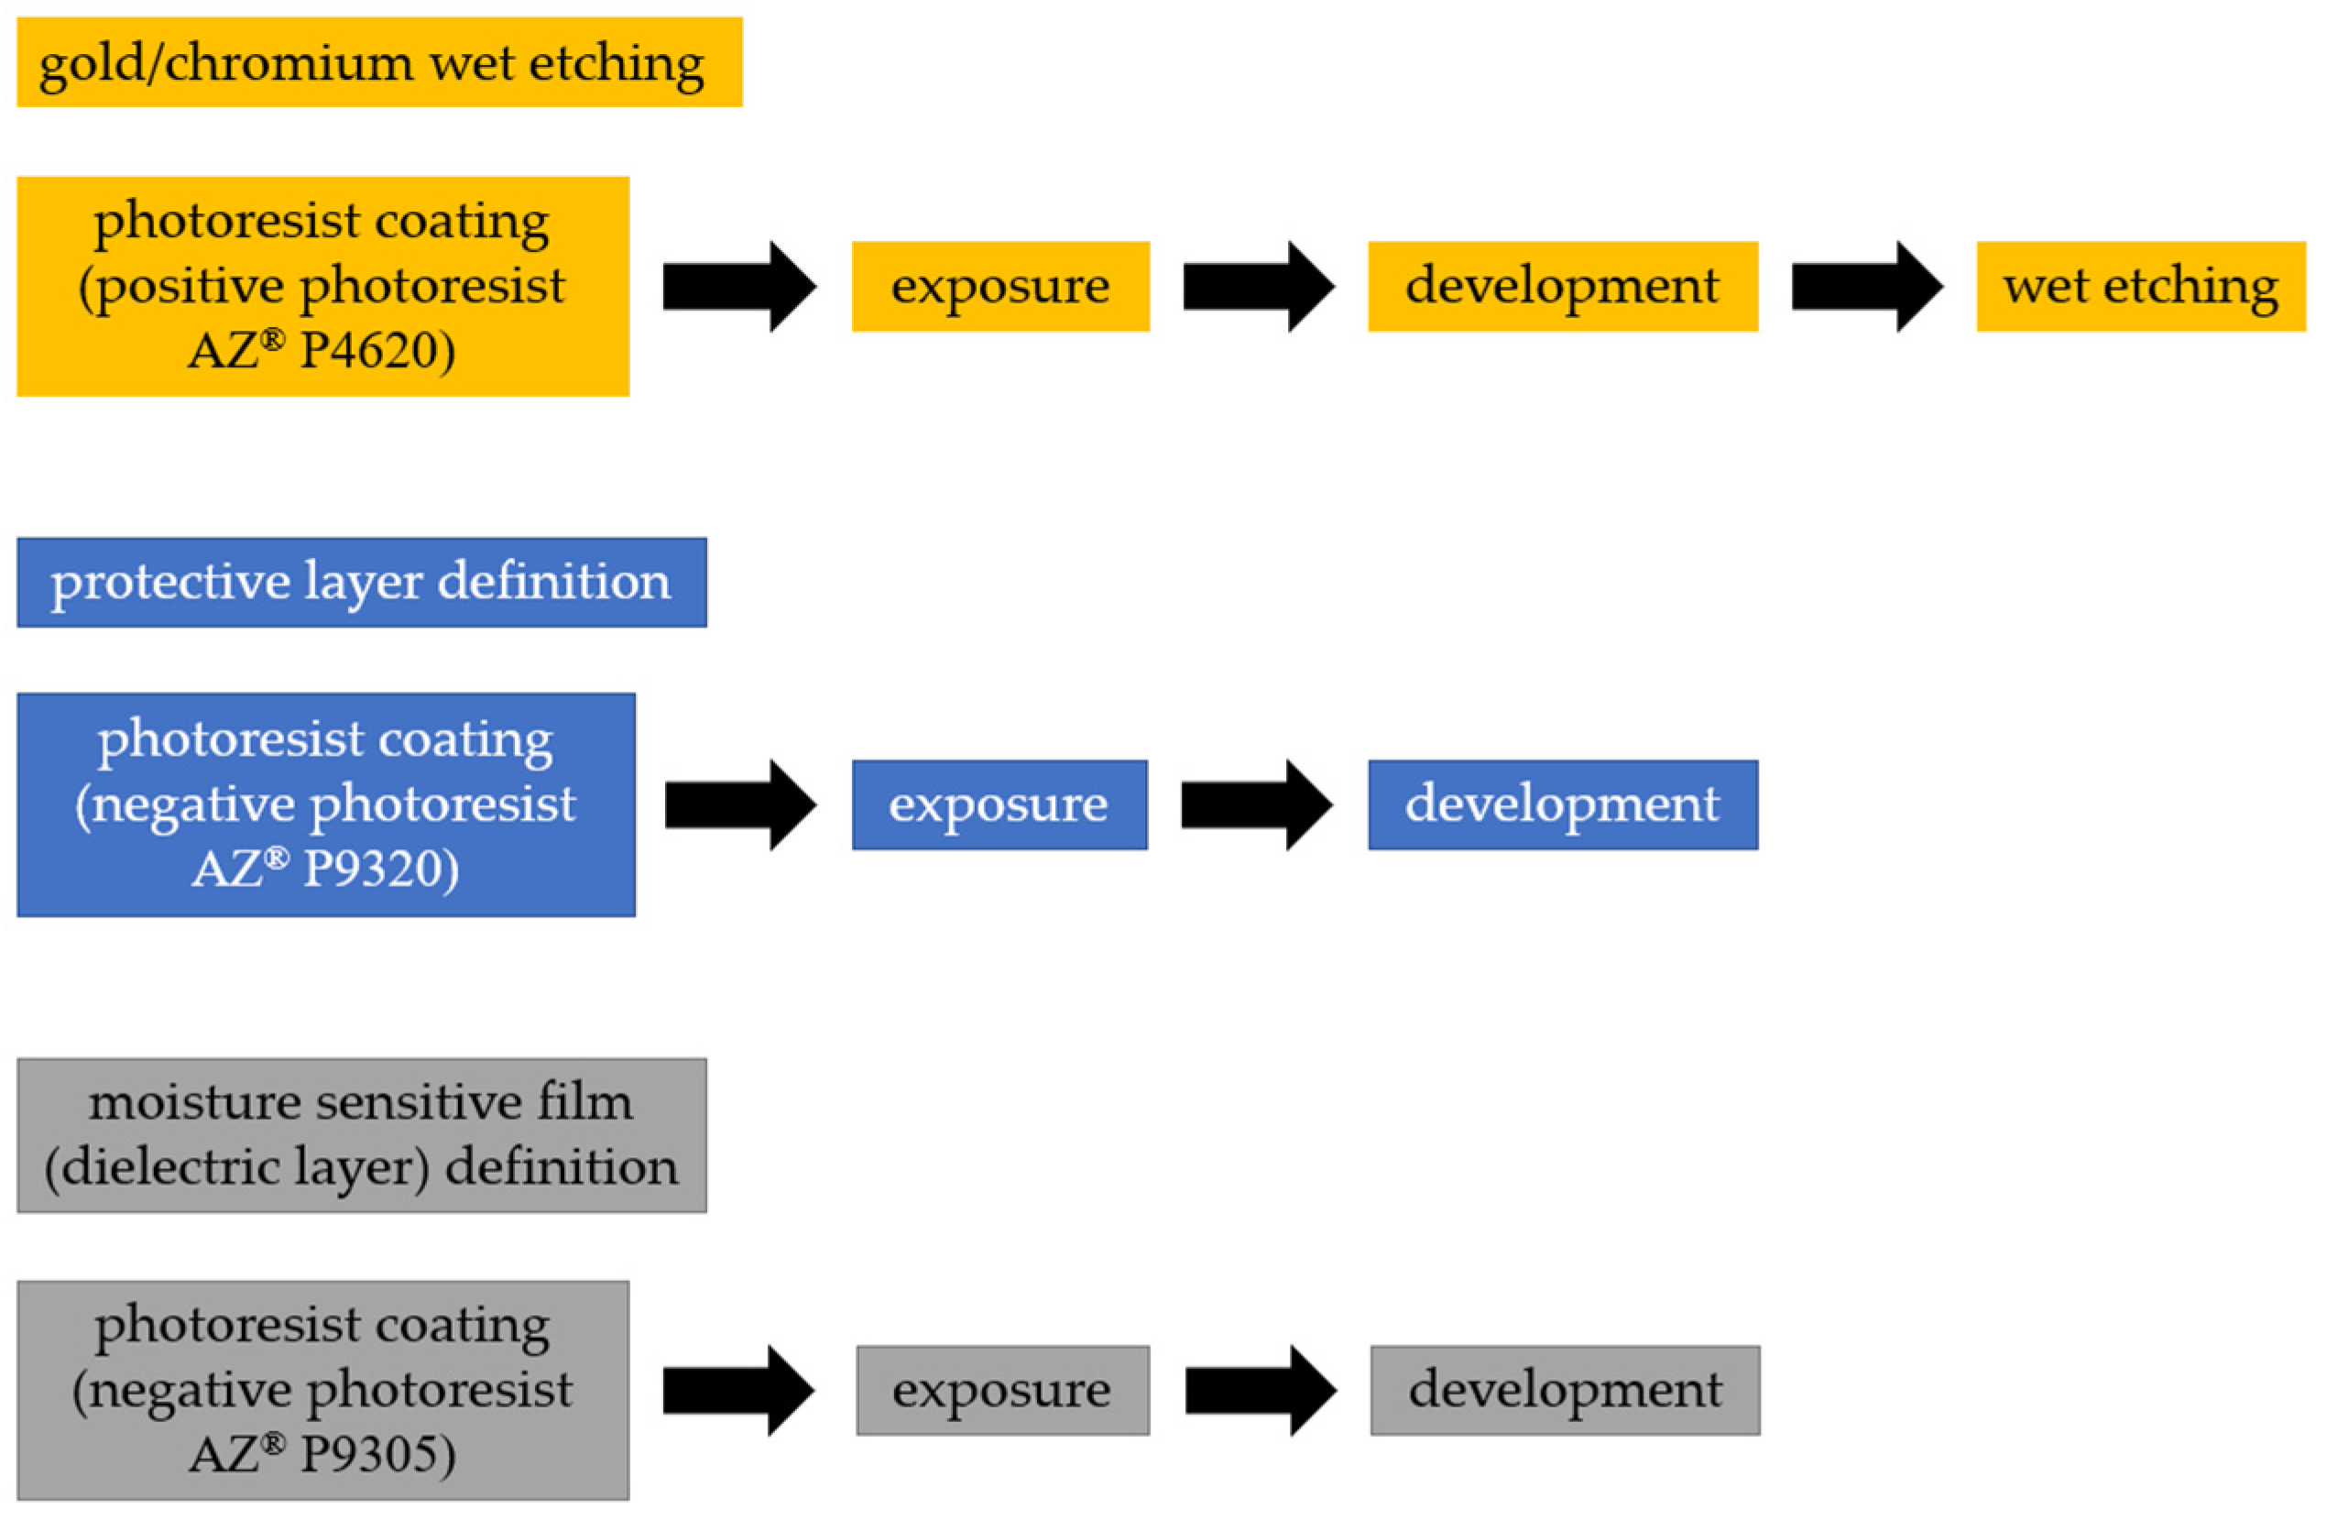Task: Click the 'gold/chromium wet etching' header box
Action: click(x=379, y=61)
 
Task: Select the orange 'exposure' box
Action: click(x=999, y=287)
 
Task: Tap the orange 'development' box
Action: click(x=1562, y=287)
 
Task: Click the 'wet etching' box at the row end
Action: click(x=2139, y=287)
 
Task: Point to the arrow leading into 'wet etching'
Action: click(x=1866, y=287)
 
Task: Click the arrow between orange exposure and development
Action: click(x=1258, y=287)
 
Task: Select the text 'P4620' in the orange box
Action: click(x=377, y=351)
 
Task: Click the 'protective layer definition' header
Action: click(x=362, y=582)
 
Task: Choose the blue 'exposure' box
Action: click(x=999, y=804)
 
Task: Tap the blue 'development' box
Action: click(x=1562, y=804)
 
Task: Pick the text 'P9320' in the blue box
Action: click(x=380, y=869)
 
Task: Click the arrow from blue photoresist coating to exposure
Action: click(x=740, y=804)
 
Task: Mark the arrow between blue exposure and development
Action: click(x=1256, y=804)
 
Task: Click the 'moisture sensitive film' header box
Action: click(x=362, y=1135)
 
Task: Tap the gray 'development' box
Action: click(x=1564, y=1390)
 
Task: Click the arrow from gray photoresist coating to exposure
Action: click(x=737, y=1390)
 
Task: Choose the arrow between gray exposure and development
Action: click(x=1260, y=1390)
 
